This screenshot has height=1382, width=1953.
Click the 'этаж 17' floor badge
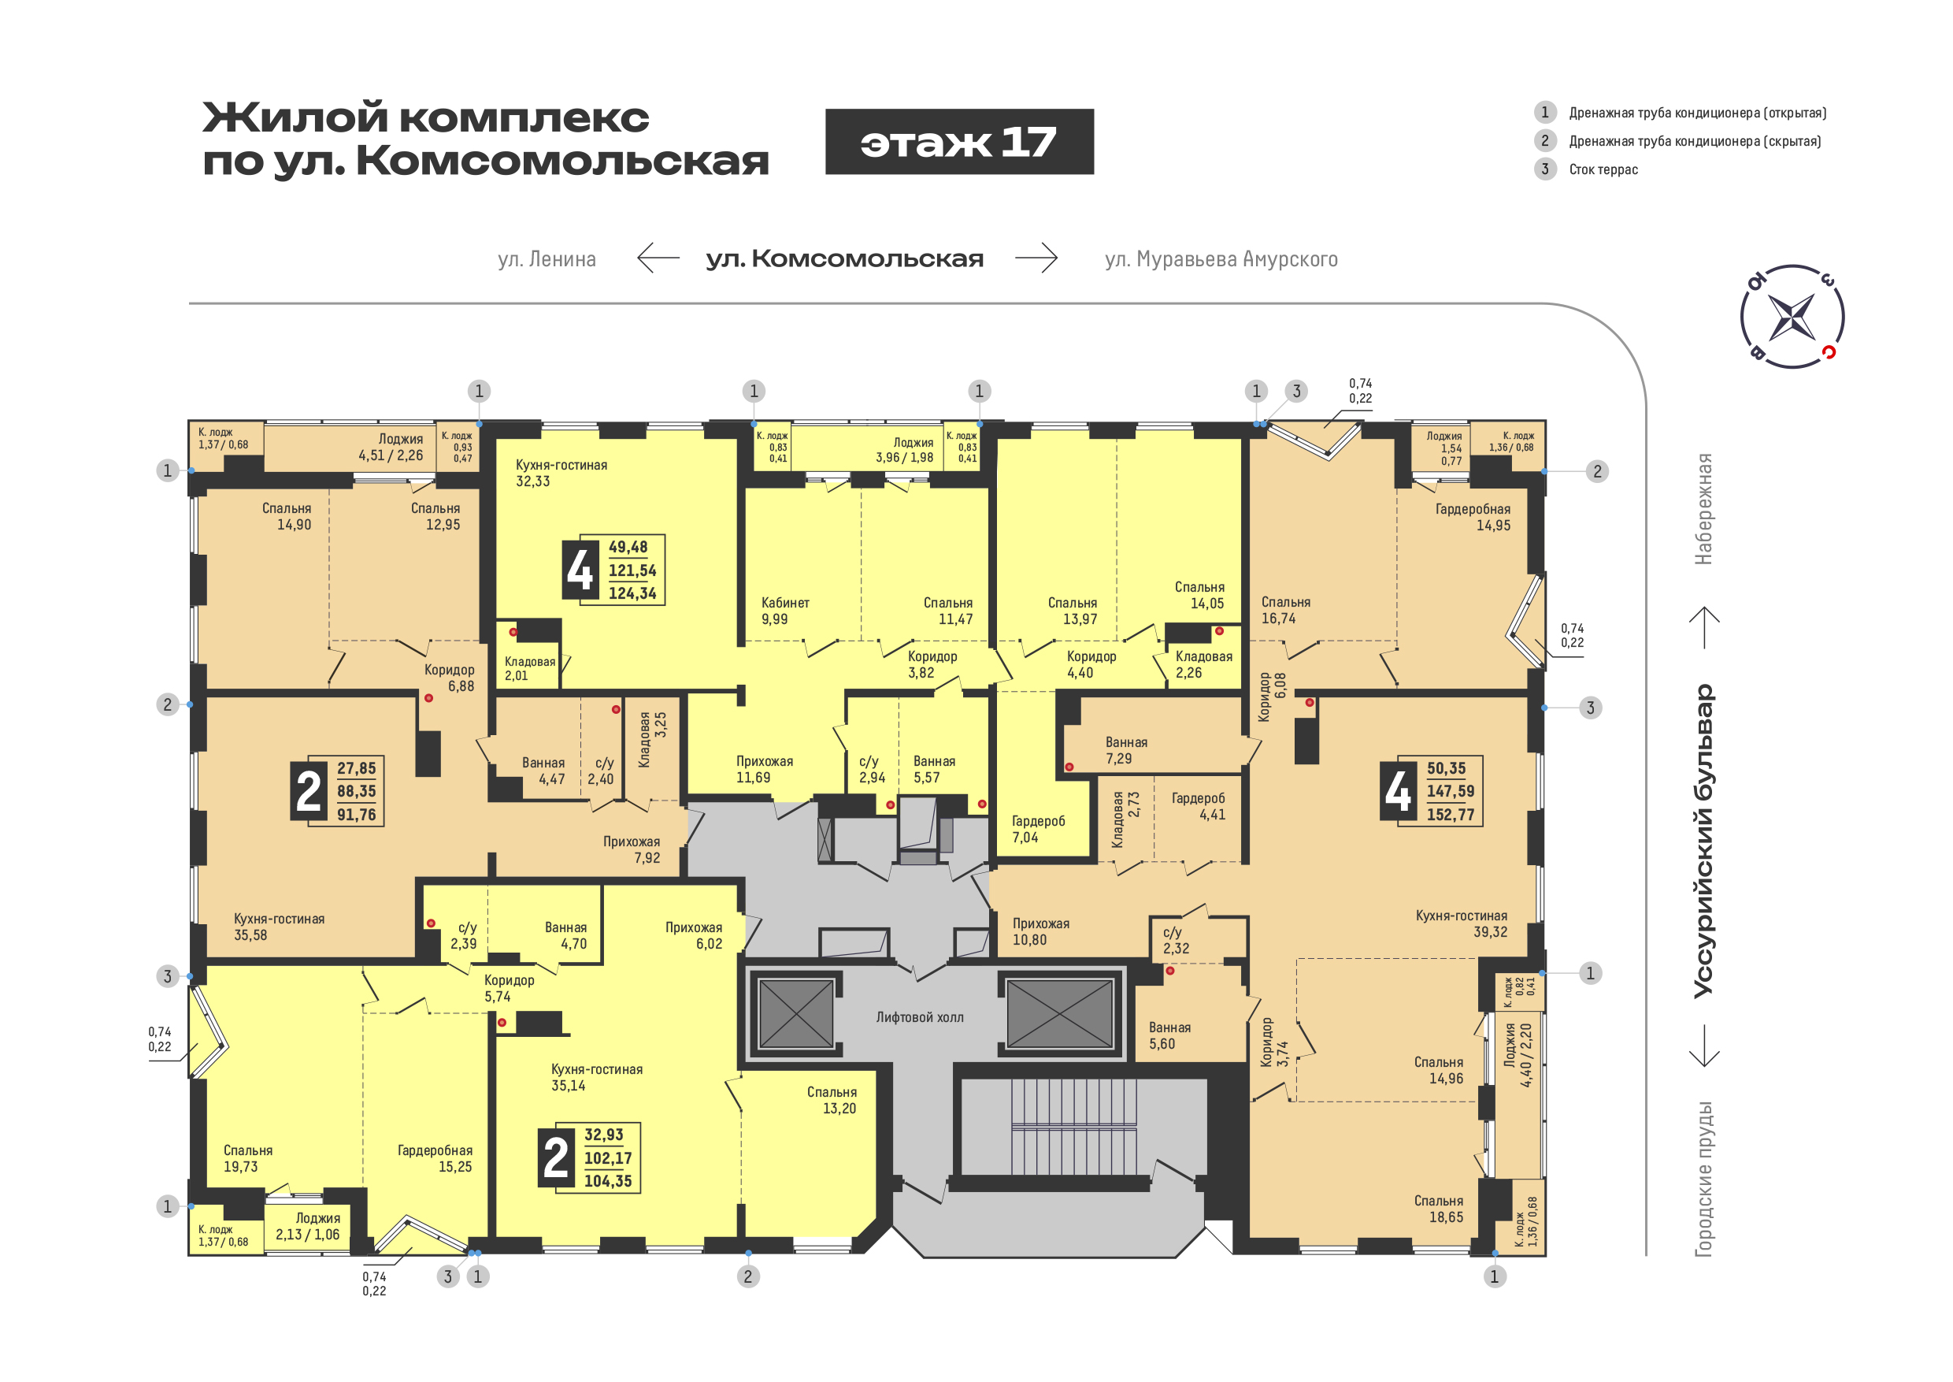coord(958,141)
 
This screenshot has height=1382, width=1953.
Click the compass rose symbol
coord(1792,316)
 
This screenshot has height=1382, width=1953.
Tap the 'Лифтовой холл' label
coord(920,1017)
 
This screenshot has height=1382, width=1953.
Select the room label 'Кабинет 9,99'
coord(785,610)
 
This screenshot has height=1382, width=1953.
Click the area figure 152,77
coord(1451,815)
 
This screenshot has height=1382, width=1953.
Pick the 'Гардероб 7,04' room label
coord(1038,829)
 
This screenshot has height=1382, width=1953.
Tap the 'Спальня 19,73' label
coord(247,1158)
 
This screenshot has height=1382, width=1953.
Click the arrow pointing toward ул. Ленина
coord(658,257)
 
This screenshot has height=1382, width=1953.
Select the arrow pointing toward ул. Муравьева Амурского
coord(1036,257)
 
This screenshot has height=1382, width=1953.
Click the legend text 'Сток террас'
coord(1603,169)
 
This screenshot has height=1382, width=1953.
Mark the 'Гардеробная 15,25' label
coord(435,1158)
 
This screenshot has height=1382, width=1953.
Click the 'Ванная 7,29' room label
coord(1126,750)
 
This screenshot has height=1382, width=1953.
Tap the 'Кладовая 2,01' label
coord(529,668)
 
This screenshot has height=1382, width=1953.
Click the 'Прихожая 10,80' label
coord(1040,931)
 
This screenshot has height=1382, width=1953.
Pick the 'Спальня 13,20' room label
coord(831,1099)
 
